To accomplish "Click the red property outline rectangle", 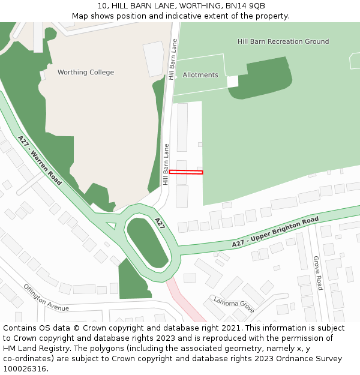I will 186,172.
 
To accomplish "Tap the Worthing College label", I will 86,73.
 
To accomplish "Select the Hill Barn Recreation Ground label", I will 283,41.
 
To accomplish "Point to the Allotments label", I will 200,75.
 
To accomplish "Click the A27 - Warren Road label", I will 40,160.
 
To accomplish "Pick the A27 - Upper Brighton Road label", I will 275,233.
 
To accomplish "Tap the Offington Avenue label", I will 46,298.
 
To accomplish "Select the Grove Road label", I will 317,273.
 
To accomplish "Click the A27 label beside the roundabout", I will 160,224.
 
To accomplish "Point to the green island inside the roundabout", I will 147,242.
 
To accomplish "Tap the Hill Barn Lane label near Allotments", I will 173,59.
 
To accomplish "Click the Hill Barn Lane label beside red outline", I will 166,164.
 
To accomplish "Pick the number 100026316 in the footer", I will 25,368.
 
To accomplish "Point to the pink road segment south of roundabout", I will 186,300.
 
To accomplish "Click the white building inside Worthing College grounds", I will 154,58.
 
